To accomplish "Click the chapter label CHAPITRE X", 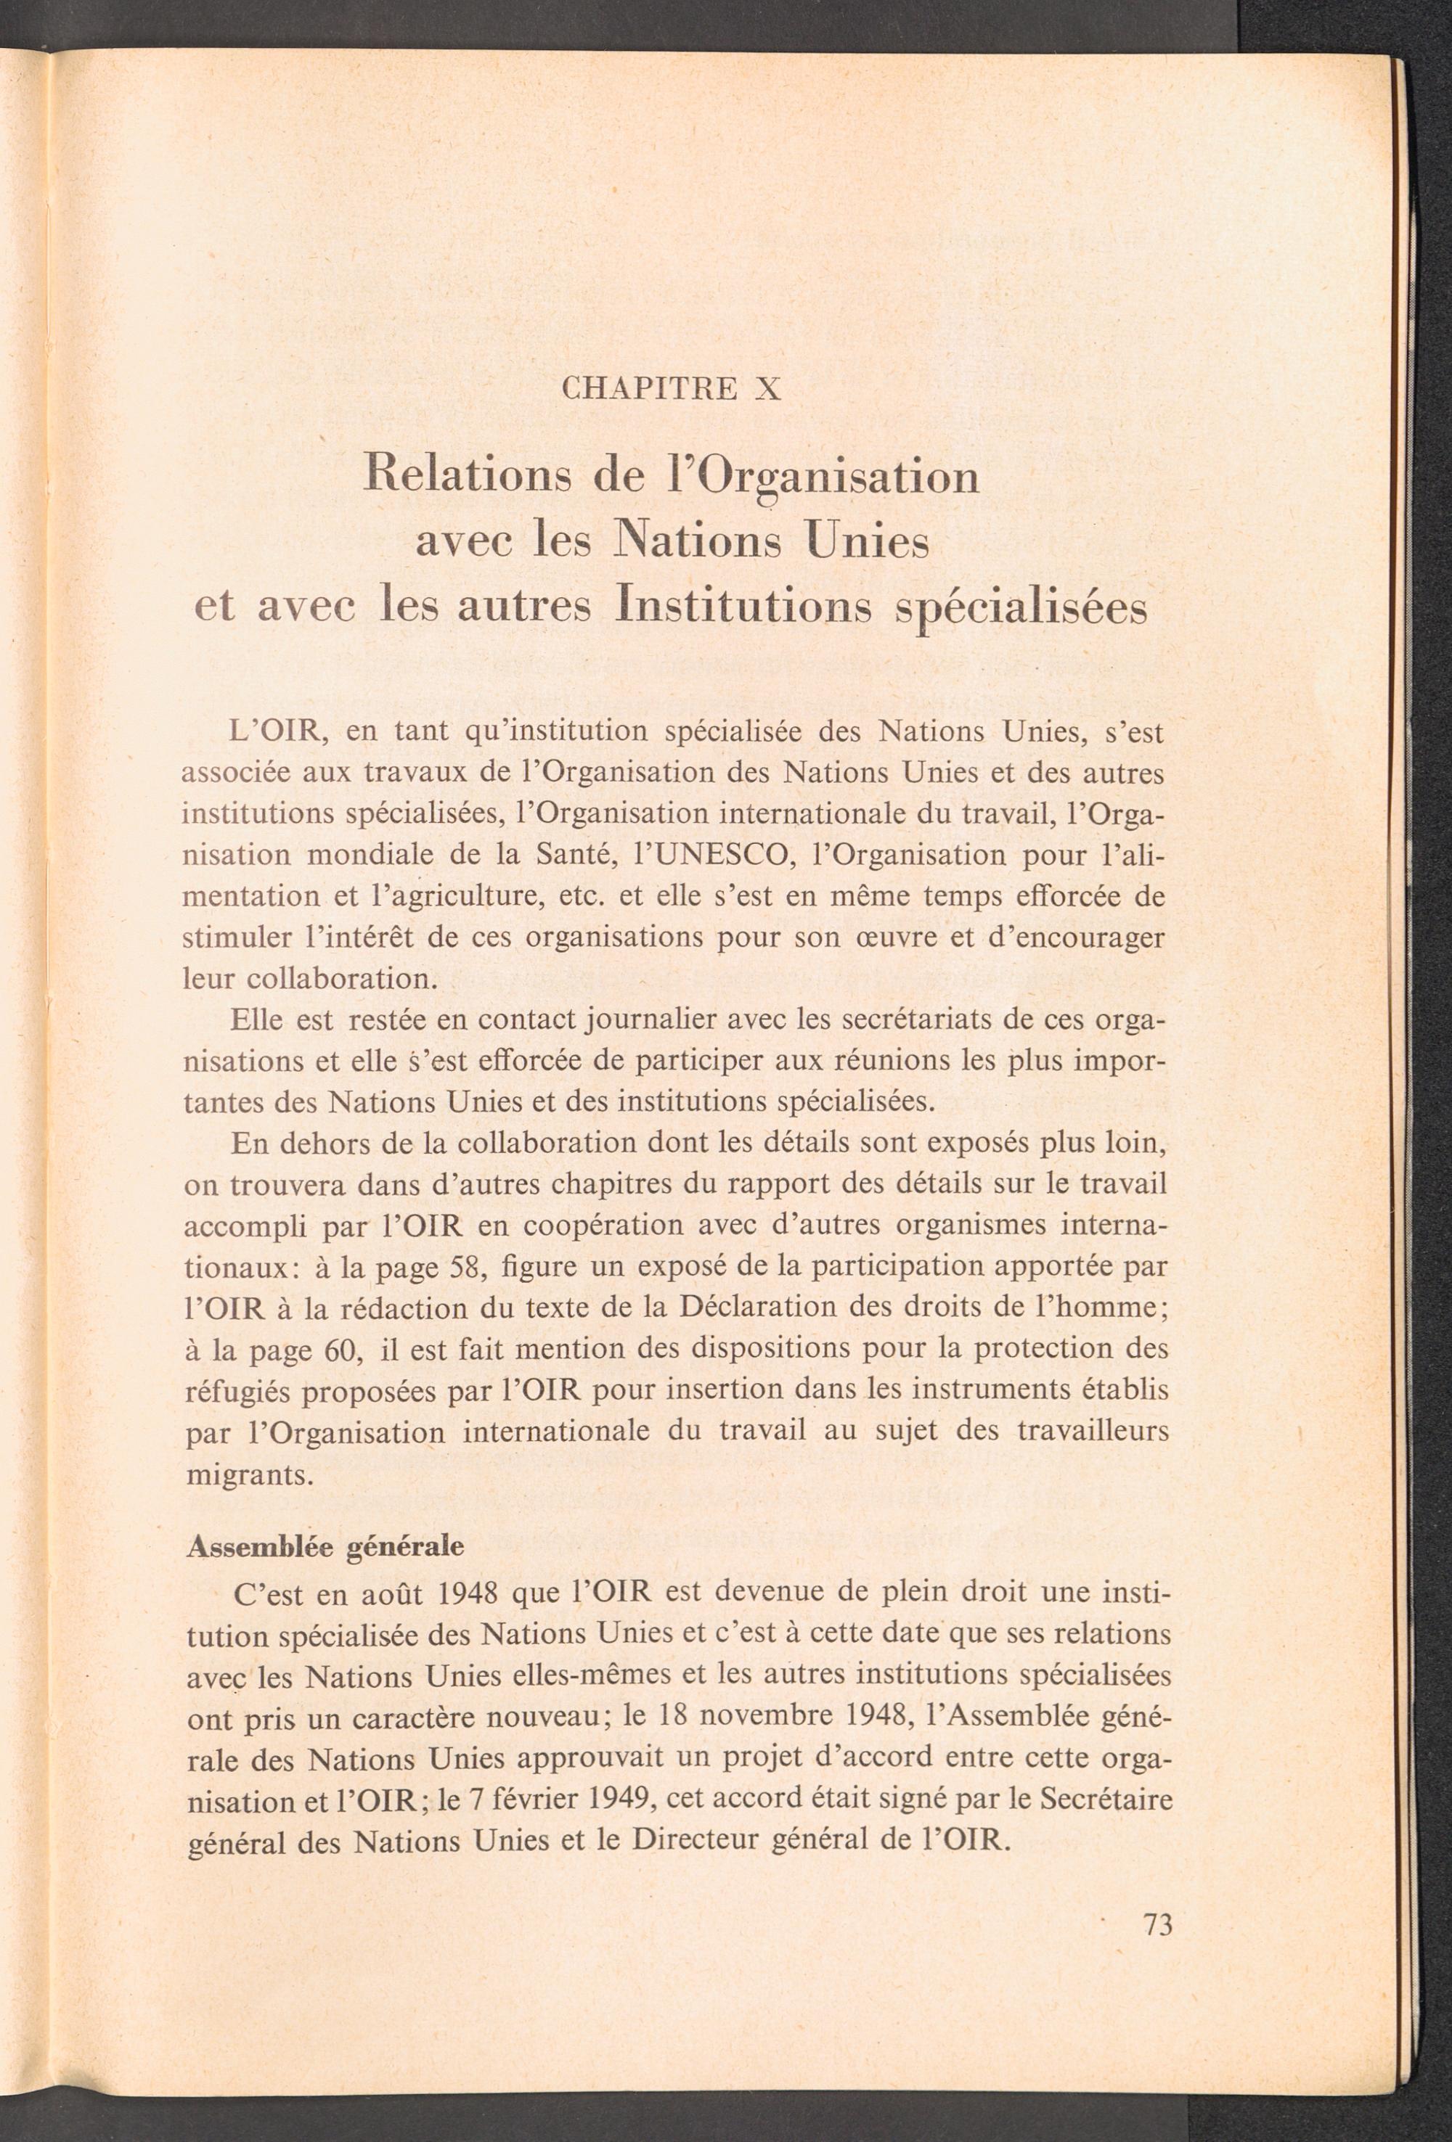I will (671, 390).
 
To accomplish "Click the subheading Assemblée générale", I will (325, 1546).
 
